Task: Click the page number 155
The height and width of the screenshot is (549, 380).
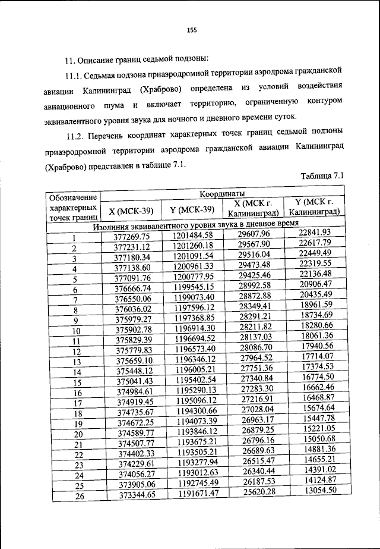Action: click(x=191, y=30)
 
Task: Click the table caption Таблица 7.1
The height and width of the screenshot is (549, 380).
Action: click(x=321, y=176)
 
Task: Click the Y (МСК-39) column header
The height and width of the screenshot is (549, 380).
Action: click(x=191, y=209)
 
